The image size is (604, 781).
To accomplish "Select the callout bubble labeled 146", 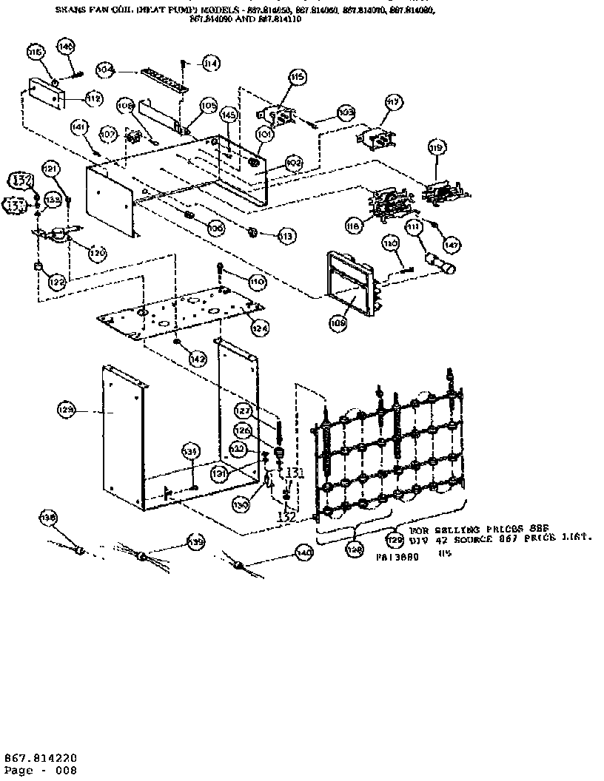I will tap(66, 47).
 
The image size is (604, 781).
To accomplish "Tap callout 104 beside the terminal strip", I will tap(105, 70).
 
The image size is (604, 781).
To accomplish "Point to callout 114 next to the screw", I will tap(211, 64).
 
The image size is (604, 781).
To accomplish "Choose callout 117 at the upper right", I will tap(393, 101).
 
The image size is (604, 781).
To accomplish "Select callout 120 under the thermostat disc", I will tap(96, 252).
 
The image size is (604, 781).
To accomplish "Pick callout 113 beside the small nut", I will tap(286, 236).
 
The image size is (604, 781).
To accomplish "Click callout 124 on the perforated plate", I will tap(259, 326).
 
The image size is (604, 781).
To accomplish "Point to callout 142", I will tap(197, 359).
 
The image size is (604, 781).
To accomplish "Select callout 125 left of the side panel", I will tap(67, 409).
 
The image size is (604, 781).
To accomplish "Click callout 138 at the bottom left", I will tap(48, 519).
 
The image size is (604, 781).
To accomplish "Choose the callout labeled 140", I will tap(303, 551).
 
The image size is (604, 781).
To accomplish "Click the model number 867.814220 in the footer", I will tap(41, 758).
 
